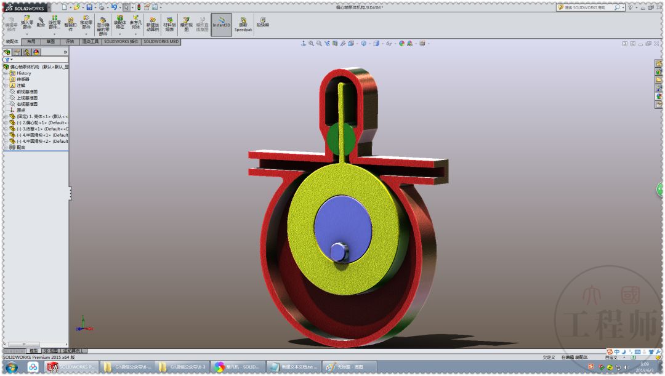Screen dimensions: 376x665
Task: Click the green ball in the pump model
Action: (x=341, y=138)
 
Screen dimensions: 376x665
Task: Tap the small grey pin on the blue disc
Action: (x=339, y=252)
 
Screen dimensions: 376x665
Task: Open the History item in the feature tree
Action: (x=23, y=73)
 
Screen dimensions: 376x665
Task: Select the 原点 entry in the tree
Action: (x=21, y=110)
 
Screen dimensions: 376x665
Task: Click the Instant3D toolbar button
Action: (x=222, y=25)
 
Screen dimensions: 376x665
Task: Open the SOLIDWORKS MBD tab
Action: (x=161, y=42)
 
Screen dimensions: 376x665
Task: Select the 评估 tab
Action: (x=70, y=42)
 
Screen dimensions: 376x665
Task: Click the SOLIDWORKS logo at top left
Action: (x=25, y=7)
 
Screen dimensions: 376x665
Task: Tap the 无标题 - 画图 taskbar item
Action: (x=348, y=367)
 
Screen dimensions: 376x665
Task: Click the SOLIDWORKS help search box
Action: (x=585, y=7)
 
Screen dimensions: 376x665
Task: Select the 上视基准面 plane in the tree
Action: (x=27, y=98)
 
